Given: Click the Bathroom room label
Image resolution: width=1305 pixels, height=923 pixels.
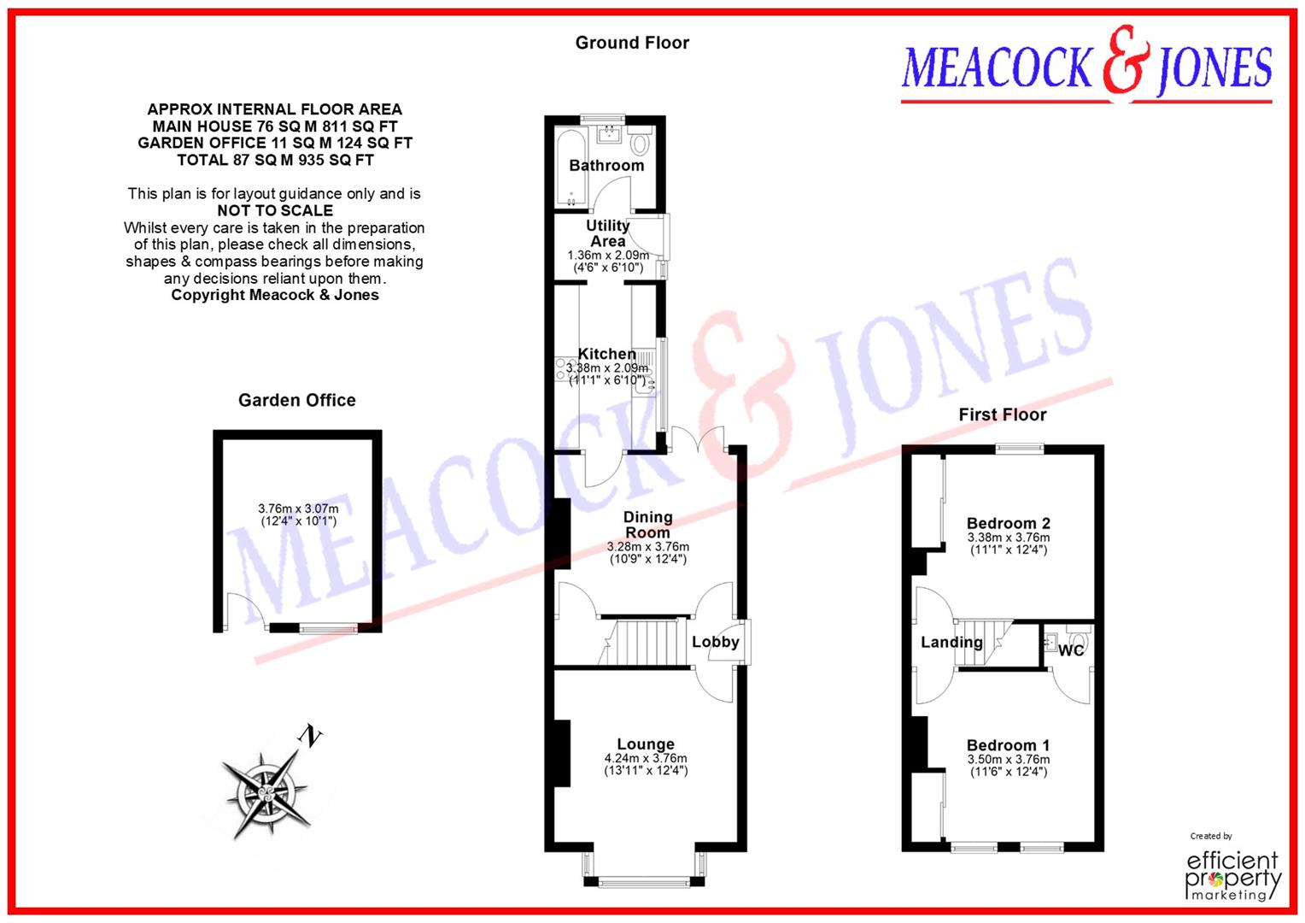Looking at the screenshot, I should tap(606, 165).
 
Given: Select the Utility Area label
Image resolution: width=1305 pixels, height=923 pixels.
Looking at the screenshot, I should tap(607, 233).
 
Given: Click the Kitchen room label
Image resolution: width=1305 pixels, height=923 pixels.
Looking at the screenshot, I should tap(606, 354).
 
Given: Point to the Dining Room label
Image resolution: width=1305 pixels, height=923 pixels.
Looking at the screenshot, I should tap(647, 524).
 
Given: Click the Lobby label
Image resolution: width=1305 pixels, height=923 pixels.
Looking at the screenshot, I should tap(715, 642).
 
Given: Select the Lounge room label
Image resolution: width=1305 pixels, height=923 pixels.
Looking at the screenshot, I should tap(646, 744).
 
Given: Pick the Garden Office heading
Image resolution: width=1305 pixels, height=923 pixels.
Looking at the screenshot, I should tap(296, 400).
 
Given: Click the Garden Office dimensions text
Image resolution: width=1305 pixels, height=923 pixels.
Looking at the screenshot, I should tap(298, 514).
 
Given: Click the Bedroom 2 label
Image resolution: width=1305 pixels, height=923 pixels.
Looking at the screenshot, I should tap(1008, 523).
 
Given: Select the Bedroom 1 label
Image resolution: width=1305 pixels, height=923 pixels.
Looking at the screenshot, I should tap(1008, 745).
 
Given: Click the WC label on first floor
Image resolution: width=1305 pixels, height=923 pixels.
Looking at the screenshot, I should tap(1071, 650).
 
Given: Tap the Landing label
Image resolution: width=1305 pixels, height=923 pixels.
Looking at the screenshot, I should tap(951, 642).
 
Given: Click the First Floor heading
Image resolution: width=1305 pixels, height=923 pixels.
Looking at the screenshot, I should tap(1002, 414).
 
